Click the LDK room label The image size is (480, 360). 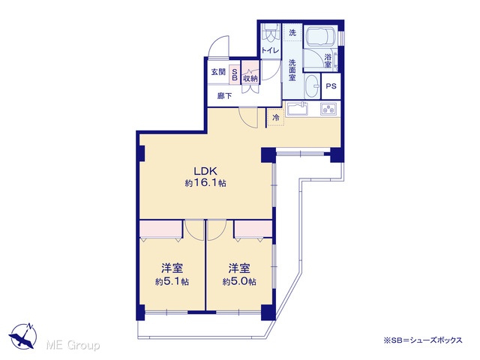[205, 171]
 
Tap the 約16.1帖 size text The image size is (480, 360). [205, 183]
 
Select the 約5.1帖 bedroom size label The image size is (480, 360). [172, 282]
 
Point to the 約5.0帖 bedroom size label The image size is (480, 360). [239, 282]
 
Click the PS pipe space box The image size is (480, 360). [331, 86]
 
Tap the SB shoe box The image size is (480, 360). [235, 75]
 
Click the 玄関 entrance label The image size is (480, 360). [218, 72]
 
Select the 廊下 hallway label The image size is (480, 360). [225, 96]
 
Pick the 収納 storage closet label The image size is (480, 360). [250, 78]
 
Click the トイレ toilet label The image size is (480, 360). [270, 50]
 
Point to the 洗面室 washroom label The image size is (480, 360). [292, 70]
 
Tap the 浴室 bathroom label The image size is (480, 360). [328, 61]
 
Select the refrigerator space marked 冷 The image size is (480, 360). [275, 117]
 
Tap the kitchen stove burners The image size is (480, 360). [328, 109]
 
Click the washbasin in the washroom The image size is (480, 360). [313, 85]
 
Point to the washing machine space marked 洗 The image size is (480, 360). [292, 32]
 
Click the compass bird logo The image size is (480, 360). [23, 336]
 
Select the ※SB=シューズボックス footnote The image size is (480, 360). [423, 340]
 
